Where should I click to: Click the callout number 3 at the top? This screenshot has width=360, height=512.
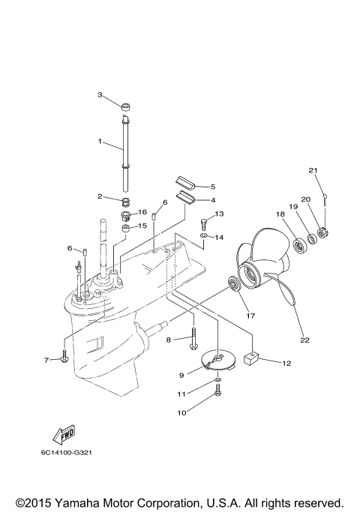pyautogui.click(x=99, y=94)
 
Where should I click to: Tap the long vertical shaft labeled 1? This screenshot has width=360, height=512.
pyautogui.click(x=124, y=150)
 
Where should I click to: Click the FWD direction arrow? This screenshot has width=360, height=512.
pyautogui.click(x=62, y=435)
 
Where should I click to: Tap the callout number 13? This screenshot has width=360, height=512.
pyautogui.click(x=220, y=214)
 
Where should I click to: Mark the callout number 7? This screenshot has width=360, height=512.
pyautogui.click(x=46, y=360)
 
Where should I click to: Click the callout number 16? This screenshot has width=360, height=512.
pyautogui.click(x=142, y=212)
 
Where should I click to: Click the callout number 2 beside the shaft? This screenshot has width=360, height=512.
pyautogui.click(x=99, y=196)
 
